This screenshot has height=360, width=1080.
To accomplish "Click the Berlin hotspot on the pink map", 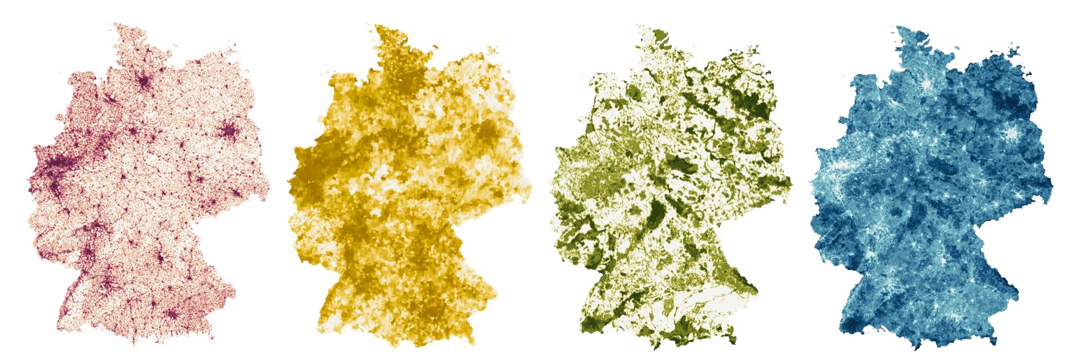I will click(x=230, y=131).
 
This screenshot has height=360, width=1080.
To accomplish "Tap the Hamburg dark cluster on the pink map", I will click(x=144, y=81).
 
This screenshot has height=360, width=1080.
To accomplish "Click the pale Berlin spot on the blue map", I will click(x=1012, y=133).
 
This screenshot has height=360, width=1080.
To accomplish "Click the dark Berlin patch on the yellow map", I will click(x=489, y=133).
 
